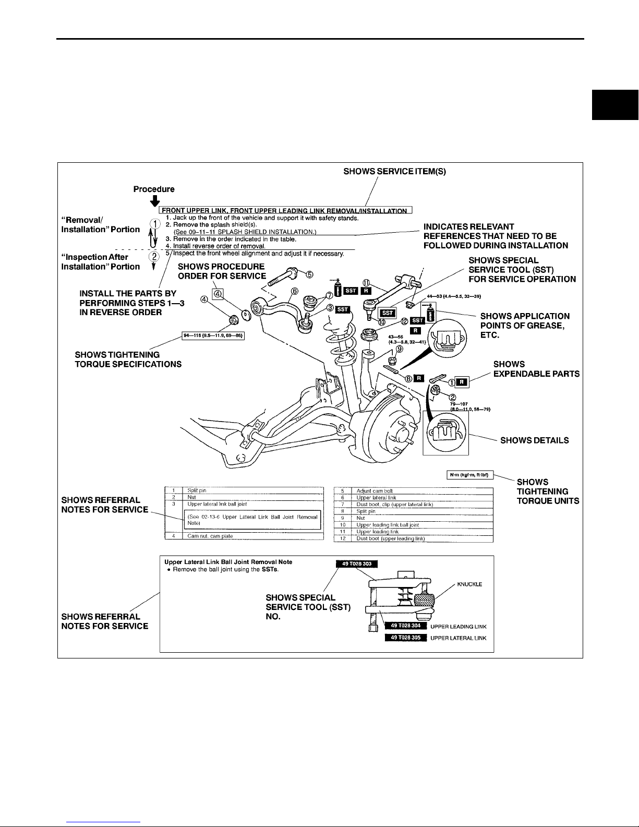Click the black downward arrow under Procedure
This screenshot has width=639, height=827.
(154, 200)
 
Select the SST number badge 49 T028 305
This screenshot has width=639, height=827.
(405, 638)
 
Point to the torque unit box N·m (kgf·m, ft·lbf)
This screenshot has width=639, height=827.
(467, 475)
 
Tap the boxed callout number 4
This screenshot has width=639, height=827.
(219, 294)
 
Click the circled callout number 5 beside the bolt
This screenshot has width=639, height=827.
(309, 274)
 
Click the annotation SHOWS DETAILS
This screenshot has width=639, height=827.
(534, 440)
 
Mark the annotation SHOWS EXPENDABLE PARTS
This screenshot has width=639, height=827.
(536, 369)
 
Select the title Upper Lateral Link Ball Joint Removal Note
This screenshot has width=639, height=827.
(228, 562)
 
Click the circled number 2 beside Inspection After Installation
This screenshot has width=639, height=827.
(154, 256)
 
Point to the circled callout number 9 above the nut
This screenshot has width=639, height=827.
(399, 349)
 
